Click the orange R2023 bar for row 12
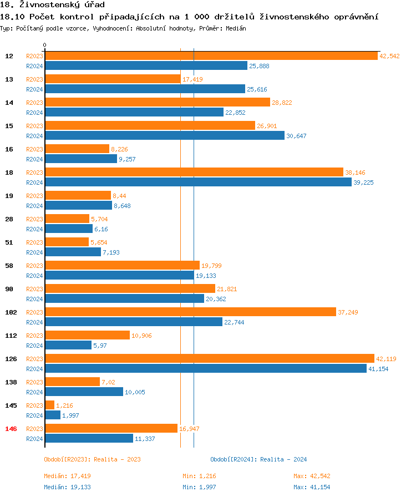click(x=211, y=56)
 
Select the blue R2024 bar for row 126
click(x=205, y=369)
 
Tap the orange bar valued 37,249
click(x=190, y=312)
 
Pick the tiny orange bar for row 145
click(x=49, y=405)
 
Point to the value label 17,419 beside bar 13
click(x=192, y=79)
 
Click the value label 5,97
click(x=99, y=346)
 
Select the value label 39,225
click(x=364, y=182)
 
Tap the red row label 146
click(x=11, y=429)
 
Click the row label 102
click(x=11, y=312)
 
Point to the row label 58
click(x=9, y=266)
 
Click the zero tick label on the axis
click(x=45, y=45)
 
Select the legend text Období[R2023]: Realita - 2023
click(x=92, y=459)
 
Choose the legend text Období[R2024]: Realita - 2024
click(x=258, y=459)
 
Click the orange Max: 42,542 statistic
click(x=312, y=476)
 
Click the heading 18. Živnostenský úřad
click(x=53, y=5)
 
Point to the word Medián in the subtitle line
click(x=236, y=28)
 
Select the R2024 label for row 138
click(x=34, y=392)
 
